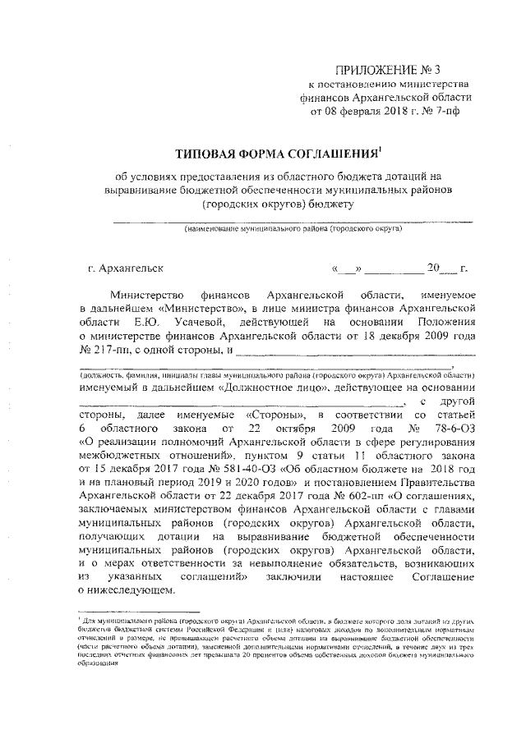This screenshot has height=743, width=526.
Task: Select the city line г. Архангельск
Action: pyautogui.click(x=125, y=268)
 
